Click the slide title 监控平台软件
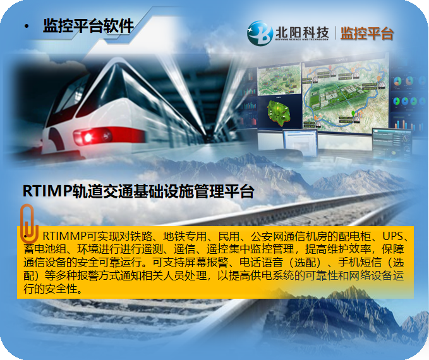(x=88, y=27)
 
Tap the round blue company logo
(x=260, y=33)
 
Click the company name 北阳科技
(x=302, y=33)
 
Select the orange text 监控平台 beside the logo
(x=367, y=33)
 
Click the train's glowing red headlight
(x=88, y=137)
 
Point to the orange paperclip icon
(x=28, y=224)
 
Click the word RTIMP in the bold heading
(x=47, y=191)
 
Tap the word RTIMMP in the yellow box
(x=65, y=236)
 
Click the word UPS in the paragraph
(x=393, y=236)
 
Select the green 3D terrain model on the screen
(x=279, y=112)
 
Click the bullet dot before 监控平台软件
(x=27, y=27)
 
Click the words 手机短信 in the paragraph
(x=360, y=262)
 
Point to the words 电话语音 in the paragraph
(x=262, y=262)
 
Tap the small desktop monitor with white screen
(x=300, y=143)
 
